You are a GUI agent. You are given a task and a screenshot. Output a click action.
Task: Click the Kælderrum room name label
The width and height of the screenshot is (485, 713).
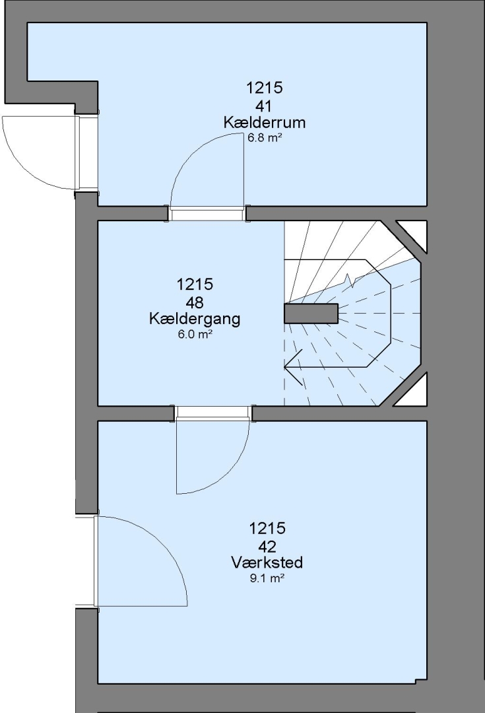pyautogui.click(x=264, y=122)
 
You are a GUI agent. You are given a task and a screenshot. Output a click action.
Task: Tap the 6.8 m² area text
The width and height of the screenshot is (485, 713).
pyautogui.click(x=265, y=138)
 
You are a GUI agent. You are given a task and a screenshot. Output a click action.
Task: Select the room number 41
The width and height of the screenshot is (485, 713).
pyautogui.click(x=264, y=106)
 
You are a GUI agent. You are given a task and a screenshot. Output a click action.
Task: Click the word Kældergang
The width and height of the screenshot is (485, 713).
pyautogui.click(x=195, y=320)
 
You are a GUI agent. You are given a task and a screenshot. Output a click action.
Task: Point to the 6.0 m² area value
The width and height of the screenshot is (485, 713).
pyautogui.click(x=195, y=335)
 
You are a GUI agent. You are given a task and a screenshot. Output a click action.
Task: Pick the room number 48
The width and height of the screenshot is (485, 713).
pyautogui.click(x=194, y=302)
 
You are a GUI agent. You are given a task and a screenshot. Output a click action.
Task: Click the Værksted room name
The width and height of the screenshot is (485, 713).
pyautogui.click(x=267, y=562)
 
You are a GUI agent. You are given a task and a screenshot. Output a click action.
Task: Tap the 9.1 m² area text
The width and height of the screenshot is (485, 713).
pyautogui.click(x=267, y=578)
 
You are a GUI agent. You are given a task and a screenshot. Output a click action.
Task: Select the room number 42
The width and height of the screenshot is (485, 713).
pyautogui.click(x=267, y=546)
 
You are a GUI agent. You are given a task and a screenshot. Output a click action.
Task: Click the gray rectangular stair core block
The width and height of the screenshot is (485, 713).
pyautogui.click(x=311, y=314)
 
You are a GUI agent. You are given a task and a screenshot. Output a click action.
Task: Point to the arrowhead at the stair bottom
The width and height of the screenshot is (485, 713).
pyautogui.click(x=293, y=366)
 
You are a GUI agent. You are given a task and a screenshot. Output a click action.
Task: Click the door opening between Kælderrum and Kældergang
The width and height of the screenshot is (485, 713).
pyautogui.click(x=207, y=213)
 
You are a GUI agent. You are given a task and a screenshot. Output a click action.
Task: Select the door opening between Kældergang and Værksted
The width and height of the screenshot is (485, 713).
pyautogui.click(x=213, y=413)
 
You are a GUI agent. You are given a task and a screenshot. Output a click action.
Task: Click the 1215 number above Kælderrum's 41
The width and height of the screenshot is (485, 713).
pyautogui.click(x=264, y=87)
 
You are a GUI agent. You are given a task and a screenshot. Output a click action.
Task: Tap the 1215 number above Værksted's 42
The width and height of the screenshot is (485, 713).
pyautogui.click(x=267, y=528)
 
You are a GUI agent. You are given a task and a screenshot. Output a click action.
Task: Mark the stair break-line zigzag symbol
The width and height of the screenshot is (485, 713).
pyautogui.click(x=350, y=281)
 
